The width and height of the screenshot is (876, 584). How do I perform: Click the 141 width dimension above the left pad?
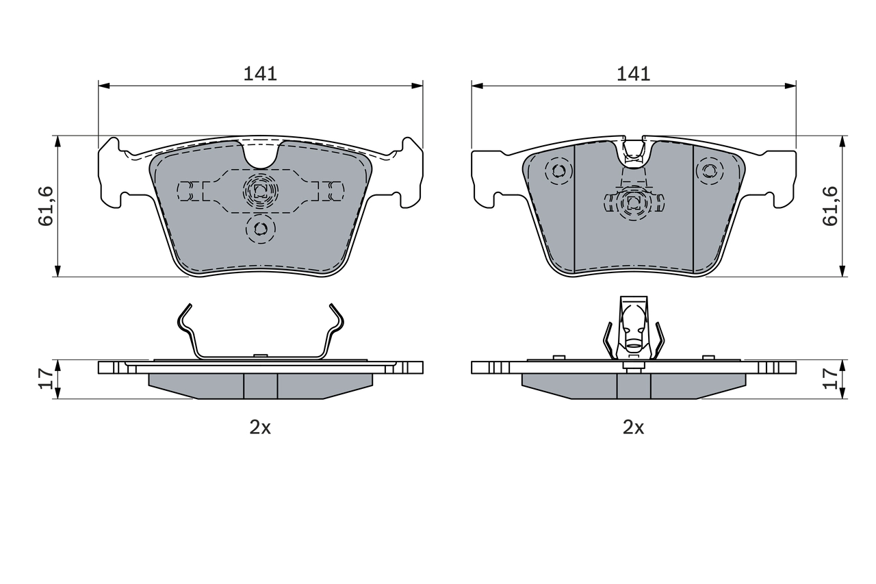coord(260,73)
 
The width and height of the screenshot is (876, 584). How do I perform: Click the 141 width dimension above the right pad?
coord(633,73)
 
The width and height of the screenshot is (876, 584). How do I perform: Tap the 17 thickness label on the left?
coord(46,379)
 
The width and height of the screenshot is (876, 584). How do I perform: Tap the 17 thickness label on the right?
coord(829,379)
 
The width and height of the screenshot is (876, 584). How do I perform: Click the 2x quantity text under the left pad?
coord(260,428)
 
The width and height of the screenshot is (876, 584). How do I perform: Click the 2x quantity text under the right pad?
coord(633,428)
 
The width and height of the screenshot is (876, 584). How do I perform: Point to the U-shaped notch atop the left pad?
coord(260,155)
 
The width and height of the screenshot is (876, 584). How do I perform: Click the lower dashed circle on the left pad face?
coord(260,229)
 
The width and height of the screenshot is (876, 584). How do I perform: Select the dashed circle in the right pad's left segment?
coord(559,170)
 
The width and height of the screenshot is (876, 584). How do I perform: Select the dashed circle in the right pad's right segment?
coord(710,170)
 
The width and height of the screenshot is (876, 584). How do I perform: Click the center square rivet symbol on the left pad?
coord(260,192)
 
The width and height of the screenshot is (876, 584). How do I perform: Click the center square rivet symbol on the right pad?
coord(633,201)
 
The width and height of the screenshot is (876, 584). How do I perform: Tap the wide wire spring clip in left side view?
coord(260,335)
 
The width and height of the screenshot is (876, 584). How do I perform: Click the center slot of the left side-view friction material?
coord(260,386)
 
